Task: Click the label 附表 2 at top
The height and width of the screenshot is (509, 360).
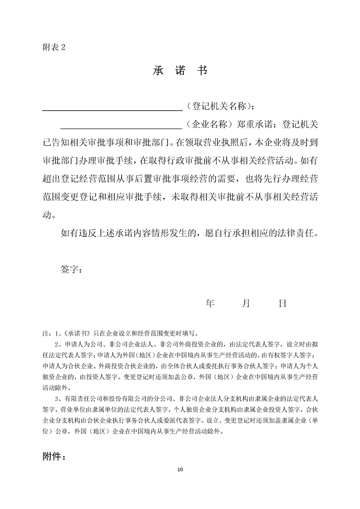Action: coord(50,47)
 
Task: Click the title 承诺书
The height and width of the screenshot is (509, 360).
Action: coord(180,71)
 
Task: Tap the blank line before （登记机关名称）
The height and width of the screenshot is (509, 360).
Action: coord(112,108)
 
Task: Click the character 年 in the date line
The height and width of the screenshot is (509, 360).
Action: coord(210,303)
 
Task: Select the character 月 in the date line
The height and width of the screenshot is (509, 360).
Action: coord(246,303)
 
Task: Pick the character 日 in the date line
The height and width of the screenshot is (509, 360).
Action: coord(282,303)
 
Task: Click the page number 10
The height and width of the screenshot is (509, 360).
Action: coord(180,469)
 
